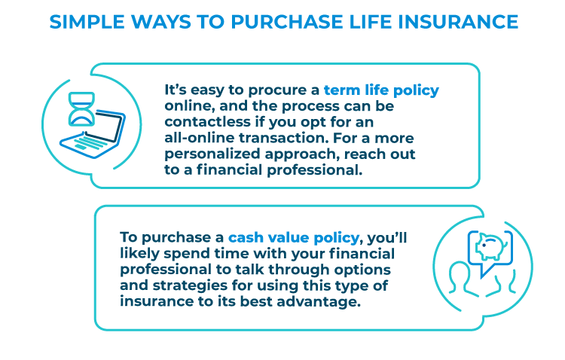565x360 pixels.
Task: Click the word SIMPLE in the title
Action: point(87,22)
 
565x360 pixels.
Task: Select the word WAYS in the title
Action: point(161,22)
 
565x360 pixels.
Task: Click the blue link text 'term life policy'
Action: point(381,90)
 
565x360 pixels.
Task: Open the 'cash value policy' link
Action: point(294,238)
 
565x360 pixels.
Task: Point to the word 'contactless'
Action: point(207,122)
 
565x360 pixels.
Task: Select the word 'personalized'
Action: point(212,154)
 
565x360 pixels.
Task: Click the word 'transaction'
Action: point(283,138)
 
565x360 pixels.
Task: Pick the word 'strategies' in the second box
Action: point(190,285)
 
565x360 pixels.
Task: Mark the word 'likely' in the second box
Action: point(139,254)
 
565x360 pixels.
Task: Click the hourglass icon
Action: point(81,109)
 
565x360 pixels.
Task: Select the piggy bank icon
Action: point(490,246)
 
